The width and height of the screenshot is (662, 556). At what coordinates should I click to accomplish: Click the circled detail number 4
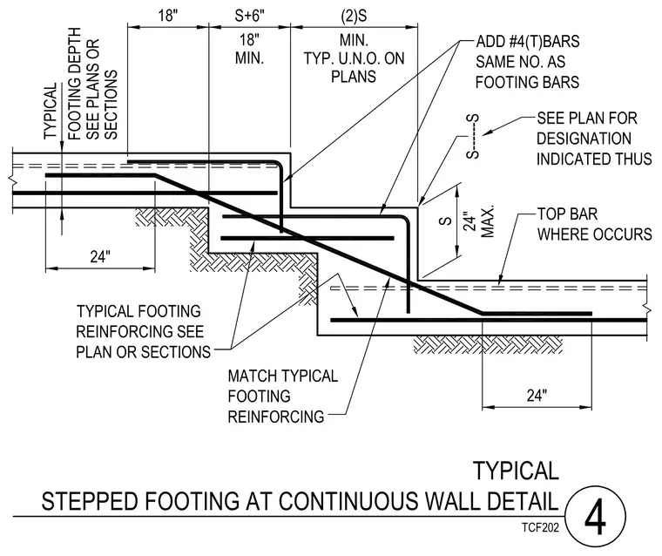(x=595, y=516)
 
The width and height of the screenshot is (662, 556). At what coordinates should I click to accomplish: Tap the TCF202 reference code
(x=540, y=527)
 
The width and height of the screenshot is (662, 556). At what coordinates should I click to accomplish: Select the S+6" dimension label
(x=249, y=16)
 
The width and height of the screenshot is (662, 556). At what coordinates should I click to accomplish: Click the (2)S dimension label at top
(x=354, y=16)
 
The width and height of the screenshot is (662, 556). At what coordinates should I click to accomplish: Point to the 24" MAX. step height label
(x=479, y=221)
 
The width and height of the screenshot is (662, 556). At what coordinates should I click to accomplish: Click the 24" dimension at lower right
(x=537, y=396)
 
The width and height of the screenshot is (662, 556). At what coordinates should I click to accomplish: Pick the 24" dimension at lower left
(x=100, y=256)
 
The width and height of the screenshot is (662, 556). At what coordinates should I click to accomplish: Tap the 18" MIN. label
(x=249, y=49)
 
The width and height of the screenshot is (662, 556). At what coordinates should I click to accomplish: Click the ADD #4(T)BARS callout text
(x=527, y=62)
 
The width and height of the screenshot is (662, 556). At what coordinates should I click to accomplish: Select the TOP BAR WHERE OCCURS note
(x=594, y=224)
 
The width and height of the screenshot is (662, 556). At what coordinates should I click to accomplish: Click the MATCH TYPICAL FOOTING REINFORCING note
(x=283, y=397)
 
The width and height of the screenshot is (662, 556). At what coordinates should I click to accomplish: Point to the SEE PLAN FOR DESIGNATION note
(x=594, y=139)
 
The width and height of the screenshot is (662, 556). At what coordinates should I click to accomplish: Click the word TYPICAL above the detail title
(x=516, y=471)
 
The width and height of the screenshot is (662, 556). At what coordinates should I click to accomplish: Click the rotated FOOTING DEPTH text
(x=74, y=84)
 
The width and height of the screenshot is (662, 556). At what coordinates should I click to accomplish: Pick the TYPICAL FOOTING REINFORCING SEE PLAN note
(x=143, y=332)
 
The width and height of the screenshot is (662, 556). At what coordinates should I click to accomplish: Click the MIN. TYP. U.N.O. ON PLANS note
(x=354, y=58)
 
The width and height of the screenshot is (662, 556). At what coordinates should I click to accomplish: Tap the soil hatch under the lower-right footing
(x=488, y=345)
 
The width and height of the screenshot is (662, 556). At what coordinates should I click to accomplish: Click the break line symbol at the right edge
(x=645, y=306)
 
